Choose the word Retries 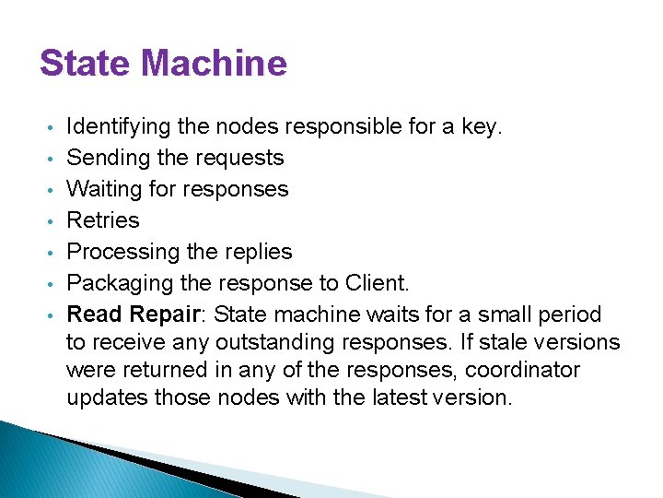coord(103,220)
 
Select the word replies coord(259,252)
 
